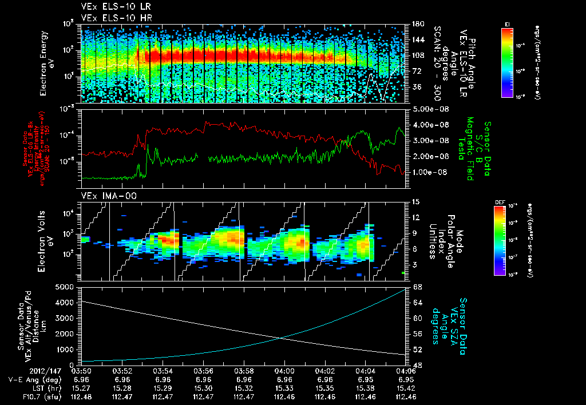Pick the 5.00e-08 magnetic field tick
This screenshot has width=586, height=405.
(x=429, y=109)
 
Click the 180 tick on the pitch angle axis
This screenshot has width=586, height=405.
(x=417, y=24)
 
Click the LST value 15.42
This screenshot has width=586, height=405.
(x=405, y=387)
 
